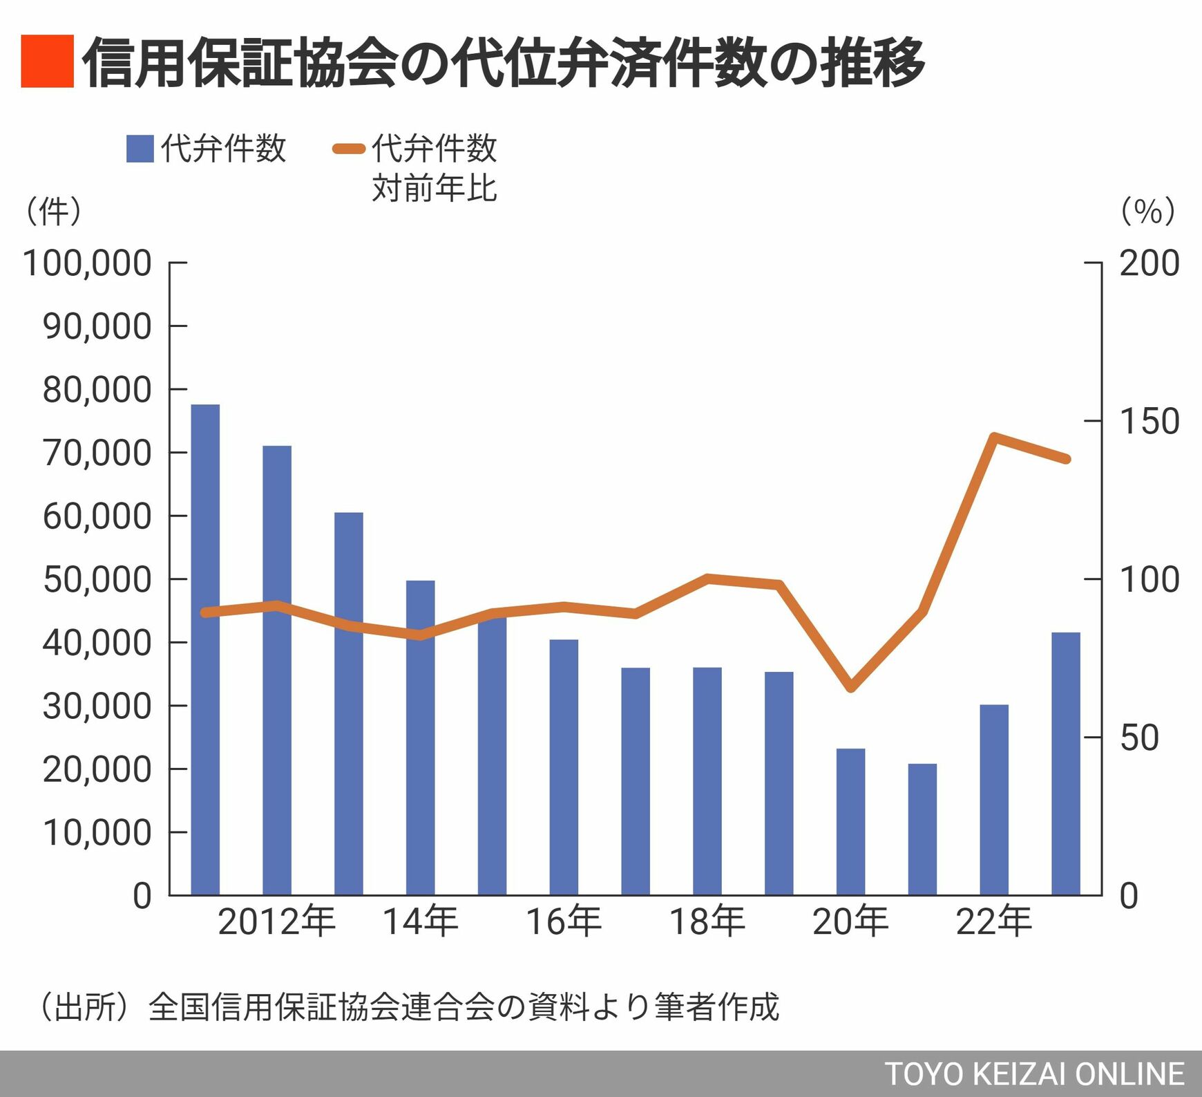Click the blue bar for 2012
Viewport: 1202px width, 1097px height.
click(x=277, y=670)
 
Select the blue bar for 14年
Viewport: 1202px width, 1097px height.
click(x=420, y=738)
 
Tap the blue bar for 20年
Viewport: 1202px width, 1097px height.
click(x=850, y=822)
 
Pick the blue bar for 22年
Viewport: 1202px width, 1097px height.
click(x=994, y=800)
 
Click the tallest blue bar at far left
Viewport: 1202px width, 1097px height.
click(x=205, y=650)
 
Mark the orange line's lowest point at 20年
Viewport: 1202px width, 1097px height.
click(x=851, y=688)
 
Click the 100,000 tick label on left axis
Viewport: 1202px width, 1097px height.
click(x=87, y=263)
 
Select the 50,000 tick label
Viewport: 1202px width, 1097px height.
click(x=97, y=579)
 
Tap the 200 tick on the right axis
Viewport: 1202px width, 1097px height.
click(x=1149, y=263)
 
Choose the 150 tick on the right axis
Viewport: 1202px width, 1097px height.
click(x=1149, y=421)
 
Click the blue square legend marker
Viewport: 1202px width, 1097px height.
click(x=140, y=149)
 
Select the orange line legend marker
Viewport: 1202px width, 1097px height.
click(x=349, y=149)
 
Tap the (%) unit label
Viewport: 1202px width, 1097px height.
click(x=1148, y=211)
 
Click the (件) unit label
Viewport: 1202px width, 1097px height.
click(x=53, y=211)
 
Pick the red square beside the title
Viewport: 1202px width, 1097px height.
click(x=47, y=62)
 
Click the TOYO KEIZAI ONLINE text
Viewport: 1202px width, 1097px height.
click(x=1034, y=1074)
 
